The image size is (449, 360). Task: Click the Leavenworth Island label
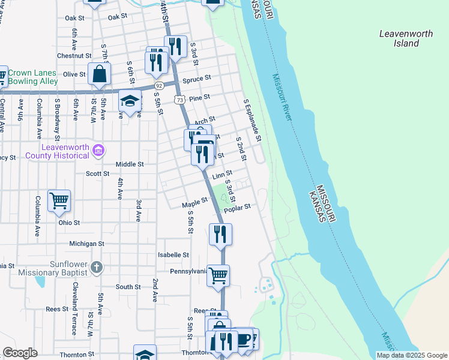pyautogui.click(x=406, y=38)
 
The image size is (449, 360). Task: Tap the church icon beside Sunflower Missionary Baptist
pyautogui.click(x=97, y=266)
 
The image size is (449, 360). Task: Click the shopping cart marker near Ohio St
pyautogui.click(x=59, y=200)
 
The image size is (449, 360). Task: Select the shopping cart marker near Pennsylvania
pyautogui.click(x=218, y=275)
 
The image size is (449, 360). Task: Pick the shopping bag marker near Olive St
pyautogui.click(x=100, y=74)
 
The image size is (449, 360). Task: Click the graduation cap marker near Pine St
pyautogui.click(x=129, y=101)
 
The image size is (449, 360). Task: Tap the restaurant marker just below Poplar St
pyautogui.click(x=220, y=233)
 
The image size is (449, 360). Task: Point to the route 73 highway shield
pyautogui.click(x=179, y=98)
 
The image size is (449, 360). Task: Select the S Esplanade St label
pyautogui.click(x=252, y=120)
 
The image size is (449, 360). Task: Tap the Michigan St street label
pyautogui.click(x=86, y=244)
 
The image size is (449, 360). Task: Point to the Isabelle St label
pyautogui.click(x=173, y=254)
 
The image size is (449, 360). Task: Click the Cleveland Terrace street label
pyautogui.click(x=74, y=307)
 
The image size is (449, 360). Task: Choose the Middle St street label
pyautogui.click(x=130, y=164)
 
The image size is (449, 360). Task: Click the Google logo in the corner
pyautogui.click(x=20, y=353)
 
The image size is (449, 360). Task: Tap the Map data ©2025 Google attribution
pyautogui.click(x=411, y=355)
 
